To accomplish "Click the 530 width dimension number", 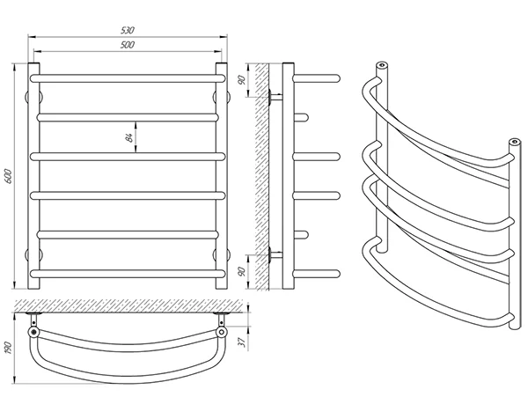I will tap(128, 31).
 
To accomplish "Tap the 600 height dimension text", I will tap(10, 175).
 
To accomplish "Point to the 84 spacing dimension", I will tap(129, 136).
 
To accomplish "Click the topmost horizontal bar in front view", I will tap(128, 77).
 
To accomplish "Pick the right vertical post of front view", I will tap(223, 176).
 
